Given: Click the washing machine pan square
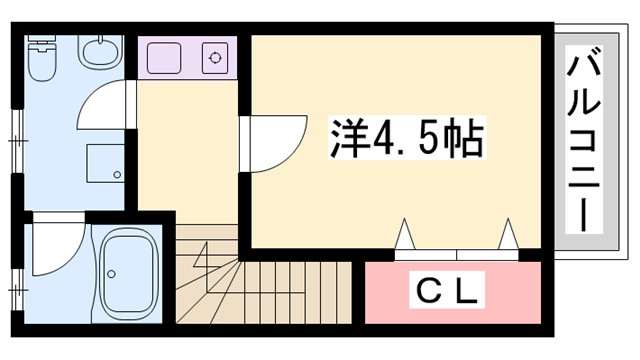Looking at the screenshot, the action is pyautogui.click(x=105, y=164).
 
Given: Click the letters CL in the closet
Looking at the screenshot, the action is pyautogui.click(x=449, y=292).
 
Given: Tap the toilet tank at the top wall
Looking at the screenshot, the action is pyautogui.click(x=42, y=43).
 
